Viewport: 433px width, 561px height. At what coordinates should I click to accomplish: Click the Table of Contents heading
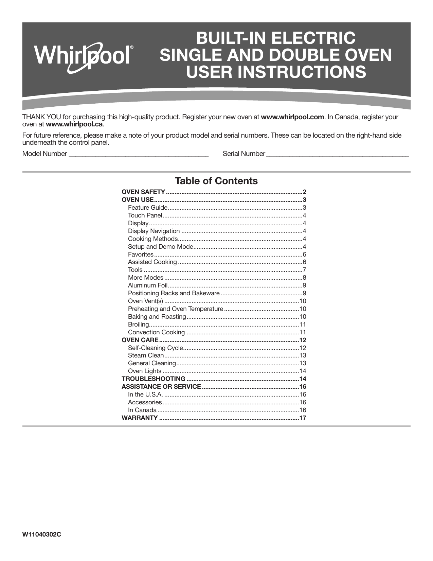point(216,181)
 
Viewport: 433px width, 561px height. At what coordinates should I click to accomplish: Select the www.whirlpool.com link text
point(292,117)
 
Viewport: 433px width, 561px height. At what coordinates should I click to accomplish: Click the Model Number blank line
point(138,154)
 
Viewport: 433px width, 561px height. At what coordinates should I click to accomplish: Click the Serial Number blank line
point(338,154)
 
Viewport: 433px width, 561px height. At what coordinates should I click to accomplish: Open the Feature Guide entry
point(147,208)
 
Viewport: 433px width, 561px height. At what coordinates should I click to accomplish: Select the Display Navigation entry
point(154,231)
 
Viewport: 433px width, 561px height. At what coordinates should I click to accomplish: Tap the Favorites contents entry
point(141,255)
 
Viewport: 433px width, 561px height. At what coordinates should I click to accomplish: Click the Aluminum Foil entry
point(147,285)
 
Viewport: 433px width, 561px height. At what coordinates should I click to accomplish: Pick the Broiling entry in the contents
point(138,325)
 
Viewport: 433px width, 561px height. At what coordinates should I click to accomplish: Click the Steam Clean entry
point(146,355)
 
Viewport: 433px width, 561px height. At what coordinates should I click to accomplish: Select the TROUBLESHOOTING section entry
point(153,379)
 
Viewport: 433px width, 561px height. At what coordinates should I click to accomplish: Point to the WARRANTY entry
point(140,418)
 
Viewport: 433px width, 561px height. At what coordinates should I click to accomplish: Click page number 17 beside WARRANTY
point(303,418)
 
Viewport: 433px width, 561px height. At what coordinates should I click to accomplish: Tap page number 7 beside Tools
point(304,270)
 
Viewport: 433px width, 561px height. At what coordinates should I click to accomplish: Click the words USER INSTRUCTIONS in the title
point(276,72)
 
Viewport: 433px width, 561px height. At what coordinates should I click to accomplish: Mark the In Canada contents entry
point(142,410)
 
